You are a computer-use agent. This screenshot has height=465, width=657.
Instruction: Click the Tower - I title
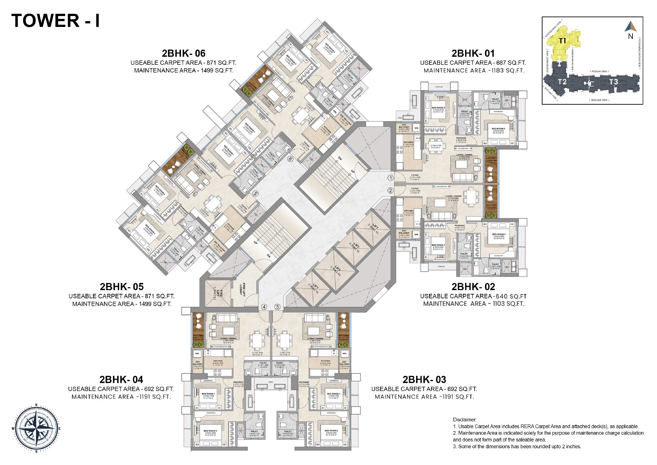click(56, 20)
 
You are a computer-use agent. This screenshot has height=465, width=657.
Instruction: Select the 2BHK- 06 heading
click(183, 54)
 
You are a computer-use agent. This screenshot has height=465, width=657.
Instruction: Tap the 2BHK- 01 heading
click(473, 54)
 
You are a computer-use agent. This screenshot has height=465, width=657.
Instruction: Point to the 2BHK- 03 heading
click(424, 379)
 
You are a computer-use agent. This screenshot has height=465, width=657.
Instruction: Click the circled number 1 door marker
click(391, 178)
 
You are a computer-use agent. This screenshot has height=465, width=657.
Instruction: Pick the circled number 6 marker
click(290, 159)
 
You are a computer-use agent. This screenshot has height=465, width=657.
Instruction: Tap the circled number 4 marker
click(264, 307)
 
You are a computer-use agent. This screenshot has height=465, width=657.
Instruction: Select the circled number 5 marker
click(256, 194)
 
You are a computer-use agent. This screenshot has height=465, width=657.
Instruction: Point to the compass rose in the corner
click(36, 428)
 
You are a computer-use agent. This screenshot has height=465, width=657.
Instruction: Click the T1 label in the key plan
click(562, 41)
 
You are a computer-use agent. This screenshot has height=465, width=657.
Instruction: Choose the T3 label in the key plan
click(613, 82)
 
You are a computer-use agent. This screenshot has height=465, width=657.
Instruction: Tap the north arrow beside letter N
click(630, 27)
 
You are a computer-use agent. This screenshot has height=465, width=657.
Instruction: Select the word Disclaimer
click(465, 420)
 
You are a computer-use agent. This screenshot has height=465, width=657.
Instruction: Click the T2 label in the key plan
click(562, 82)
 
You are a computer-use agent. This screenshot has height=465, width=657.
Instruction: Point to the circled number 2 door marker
click(391, 191)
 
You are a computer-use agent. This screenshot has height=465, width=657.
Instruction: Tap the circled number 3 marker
click(277, 307)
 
